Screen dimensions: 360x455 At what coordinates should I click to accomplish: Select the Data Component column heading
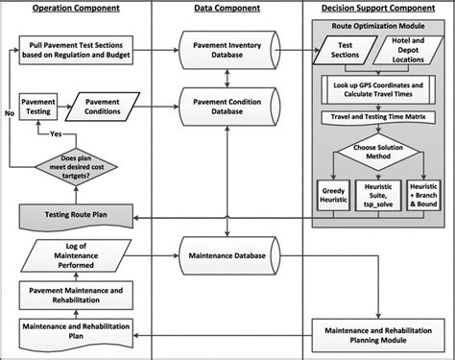coord(226,9)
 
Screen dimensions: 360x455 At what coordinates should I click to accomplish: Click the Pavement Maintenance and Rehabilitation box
coord(83,294)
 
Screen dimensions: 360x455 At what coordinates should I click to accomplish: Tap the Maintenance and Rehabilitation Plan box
coord(83,330)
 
